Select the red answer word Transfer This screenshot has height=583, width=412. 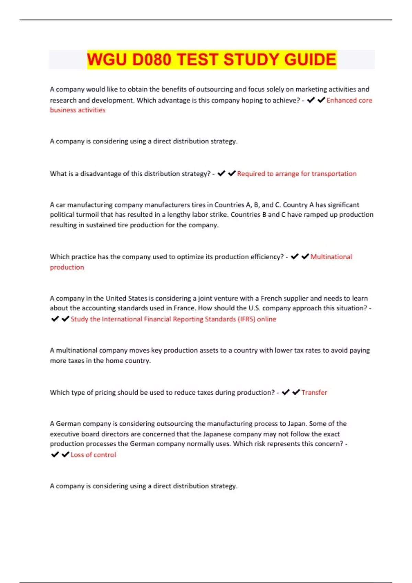pos(314,392)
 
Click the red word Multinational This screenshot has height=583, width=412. pos(331,257)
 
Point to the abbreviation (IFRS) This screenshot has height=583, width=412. pos(247,319)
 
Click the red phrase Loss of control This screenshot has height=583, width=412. pos(93,455)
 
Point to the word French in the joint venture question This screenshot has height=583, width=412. pos(272,298)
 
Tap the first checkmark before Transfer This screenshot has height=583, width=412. pos(286,392)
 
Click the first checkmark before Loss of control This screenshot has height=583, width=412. pos(55,455)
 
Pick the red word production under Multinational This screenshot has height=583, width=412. pos(67,267)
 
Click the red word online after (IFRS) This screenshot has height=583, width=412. pos(266,319)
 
